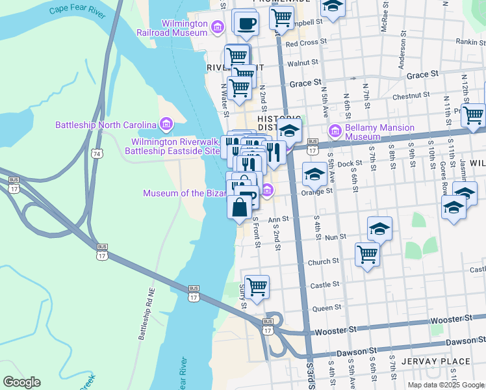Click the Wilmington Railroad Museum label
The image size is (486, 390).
(x=175, y=27)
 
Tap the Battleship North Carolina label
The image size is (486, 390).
(x=106, y=125)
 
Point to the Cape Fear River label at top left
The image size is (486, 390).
(x=77, y=11)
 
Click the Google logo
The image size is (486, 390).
(x=21, y=382)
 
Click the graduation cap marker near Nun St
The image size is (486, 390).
(x=379, y=227)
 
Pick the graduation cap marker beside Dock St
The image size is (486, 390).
(x=314, y=174)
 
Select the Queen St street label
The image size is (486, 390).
(x=326, y=308)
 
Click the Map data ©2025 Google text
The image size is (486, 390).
(x=445, y=385)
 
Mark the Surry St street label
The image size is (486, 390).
(x=242, y=296)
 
